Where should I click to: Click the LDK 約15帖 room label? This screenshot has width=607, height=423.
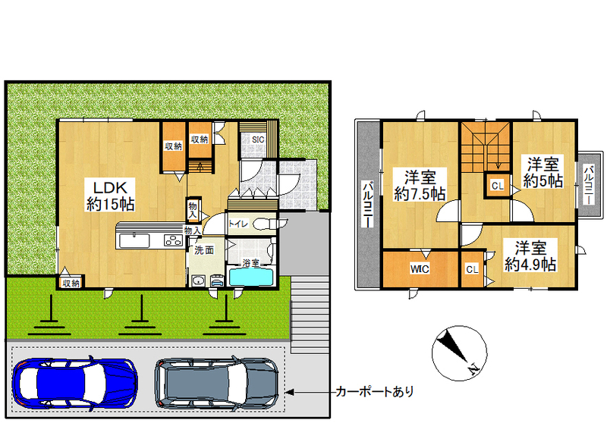[110, 196]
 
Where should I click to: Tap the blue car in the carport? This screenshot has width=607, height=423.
[74, 382]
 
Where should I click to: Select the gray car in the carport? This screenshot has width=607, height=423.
[216, 382]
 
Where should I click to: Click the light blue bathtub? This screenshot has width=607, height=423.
[251, 277]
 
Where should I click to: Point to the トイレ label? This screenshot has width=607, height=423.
[238, 224]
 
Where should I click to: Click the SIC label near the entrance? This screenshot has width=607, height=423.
[258, 139]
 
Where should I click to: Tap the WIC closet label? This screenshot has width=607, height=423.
[420, 268]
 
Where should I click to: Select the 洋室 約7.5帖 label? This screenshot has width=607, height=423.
[420, 185]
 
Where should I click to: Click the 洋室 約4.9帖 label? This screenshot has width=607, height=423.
[530, 256]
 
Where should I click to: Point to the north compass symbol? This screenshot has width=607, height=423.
[460, 353]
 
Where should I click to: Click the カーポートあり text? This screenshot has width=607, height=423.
[375, 392]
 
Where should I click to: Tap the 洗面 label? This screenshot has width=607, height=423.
[204, 251]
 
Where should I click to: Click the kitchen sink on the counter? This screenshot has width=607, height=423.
[134, 240]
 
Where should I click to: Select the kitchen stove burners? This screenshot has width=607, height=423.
[174, 240]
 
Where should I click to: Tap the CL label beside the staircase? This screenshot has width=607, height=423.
[498, 186]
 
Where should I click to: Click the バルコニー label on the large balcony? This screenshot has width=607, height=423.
[368, 205]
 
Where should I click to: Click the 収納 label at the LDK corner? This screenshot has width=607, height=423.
[71, 284]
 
